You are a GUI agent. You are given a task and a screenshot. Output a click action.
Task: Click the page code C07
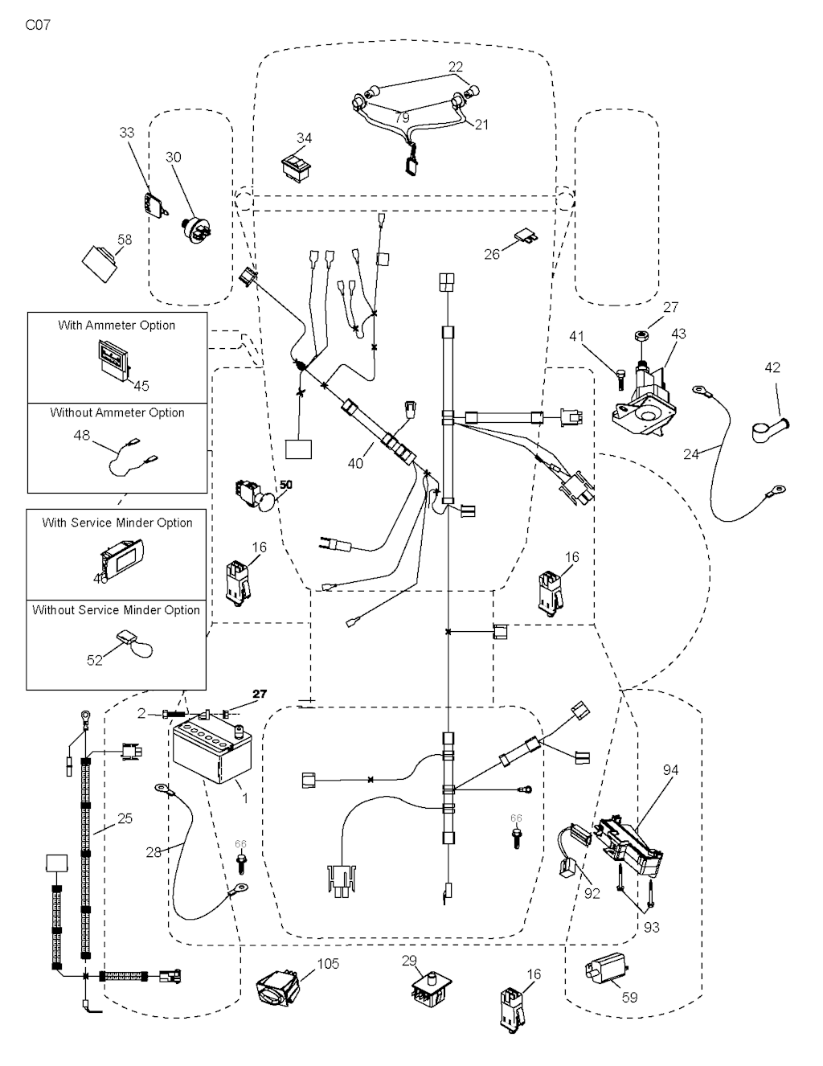[38, 25]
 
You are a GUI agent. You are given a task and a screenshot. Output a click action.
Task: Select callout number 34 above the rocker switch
[304, 138]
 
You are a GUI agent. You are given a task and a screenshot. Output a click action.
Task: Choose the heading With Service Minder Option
[117, 523]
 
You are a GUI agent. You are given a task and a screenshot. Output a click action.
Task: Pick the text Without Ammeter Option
[117, 412]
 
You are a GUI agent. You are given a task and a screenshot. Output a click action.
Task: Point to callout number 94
[670, 770]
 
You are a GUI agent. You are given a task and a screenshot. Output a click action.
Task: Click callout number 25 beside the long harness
[125, 818]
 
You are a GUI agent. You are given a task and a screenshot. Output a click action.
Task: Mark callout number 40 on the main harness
[355, 463]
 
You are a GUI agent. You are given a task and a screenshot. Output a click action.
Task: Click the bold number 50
[285, 485]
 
